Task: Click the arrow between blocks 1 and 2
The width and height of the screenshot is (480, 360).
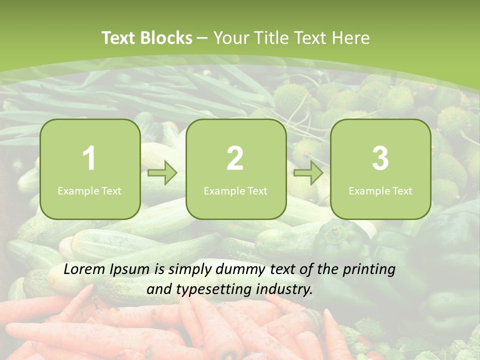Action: [x=162, y=173]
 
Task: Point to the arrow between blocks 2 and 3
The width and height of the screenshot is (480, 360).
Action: [x=308, y=173]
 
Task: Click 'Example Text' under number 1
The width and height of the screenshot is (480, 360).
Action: [x=89, y=191]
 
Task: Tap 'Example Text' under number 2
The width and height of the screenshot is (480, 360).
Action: [x=235, y=191]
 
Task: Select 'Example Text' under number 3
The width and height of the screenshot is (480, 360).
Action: [x=380, y=191]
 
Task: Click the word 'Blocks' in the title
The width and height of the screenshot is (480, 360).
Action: [x=166, y=38]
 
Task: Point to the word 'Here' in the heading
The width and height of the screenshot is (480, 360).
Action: [x=351, y=38]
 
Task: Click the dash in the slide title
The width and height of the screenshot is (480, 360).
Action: [x=203, y=38]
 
